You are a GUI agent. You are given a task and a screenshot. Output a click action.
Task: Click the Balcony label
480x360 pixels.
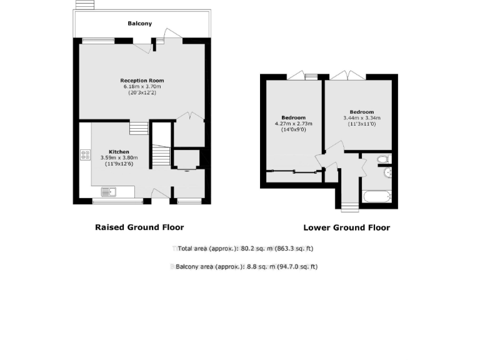click(140, 24)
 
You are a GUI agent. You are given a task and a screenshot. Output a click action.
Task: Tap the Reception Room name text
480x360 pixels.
click(142, 81)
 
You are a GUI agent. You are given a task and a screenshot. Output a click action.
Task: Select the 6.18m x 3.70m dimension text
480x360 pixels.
click(142, 87)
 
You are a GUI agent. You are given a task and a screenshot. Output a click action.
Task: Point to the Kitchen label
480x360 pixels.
click(119, 152)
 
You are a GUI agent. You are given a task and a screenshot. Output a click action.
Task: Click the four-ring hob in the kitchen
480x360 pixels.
click(85, 155)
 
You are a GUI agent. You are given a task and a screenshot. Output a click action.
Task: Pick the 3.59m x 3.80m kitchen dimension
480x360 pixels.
click(119, 158)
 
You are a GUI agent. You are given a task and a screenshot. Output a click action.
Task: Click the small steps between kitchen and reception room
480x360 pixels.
click(139, 128)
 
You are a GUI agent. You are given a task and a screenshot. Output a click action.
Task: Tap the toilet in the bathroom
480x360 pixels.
click(383, 160)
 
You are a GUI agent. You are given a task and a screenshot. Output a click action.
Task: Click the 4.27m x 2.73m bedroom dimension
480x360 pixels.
click(293, 124)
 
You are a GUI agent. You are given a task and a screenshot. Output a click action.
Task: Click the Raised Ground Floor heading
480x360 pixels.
click(139, 227)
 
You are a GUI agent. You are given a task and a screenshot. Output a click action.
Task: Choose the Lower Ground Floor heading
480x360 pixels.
click(346, 227)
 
